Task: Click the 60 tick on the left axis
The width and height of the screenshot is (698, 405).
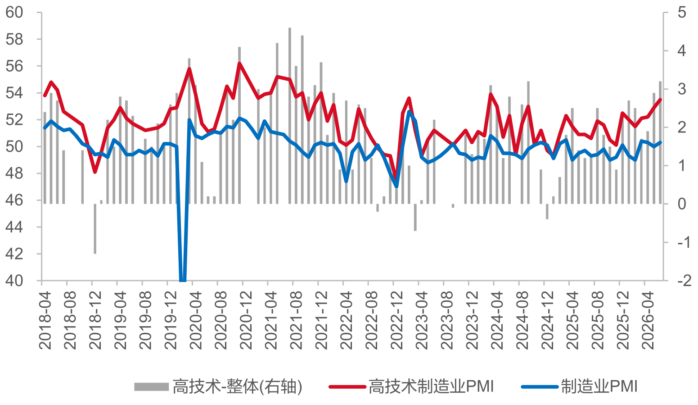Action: point(14,13)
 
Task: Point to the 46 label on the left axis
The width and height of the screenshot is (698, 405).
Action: point(14,200)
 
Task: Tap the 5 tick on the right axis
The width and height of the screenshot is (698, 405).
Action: point(681,13)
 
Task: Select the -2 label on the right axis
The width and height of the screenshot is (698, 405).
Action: point(684,281)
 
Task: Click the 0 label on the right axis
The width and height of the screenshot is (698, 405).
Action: point(681,204)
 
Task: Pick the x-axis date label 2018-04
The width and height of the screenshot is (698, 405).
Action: point(45,320)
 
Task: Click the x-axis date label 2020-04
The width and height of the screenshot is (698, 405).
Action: point(196,320)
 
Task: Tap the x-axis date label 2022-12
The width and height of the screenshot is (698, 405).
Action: point(396,320)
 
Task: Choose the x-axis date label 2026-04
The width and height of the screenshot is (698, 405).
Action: point(648,320)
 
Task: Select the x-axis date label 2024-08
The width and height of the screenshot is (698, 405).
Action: point(522,320)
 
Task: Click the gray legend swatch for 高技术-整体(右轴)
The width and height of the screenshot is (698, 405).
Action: point(152,387)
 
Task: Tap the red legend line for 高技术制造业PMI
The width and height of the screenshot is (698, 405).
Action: point(347,387)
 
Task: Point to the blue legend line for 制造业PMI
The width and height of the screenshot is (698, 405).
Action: point(540,387)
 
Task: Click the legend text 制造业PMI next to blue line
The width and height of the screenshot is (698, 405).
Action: point(599,387)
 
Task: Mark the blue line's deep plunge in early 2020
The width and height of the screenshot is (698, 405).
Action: point(183,280)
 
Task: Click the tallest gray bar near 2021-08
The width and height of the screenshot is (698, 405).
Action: point(290,116)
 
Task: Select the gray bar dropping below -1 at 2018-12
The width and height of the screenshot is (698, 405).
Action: point(95,229)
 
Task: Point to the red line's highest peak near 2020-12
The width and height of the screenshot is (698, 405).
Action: point(239,64)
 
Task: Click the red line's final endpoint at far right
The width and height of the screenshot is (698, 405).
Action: point(660,100)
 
